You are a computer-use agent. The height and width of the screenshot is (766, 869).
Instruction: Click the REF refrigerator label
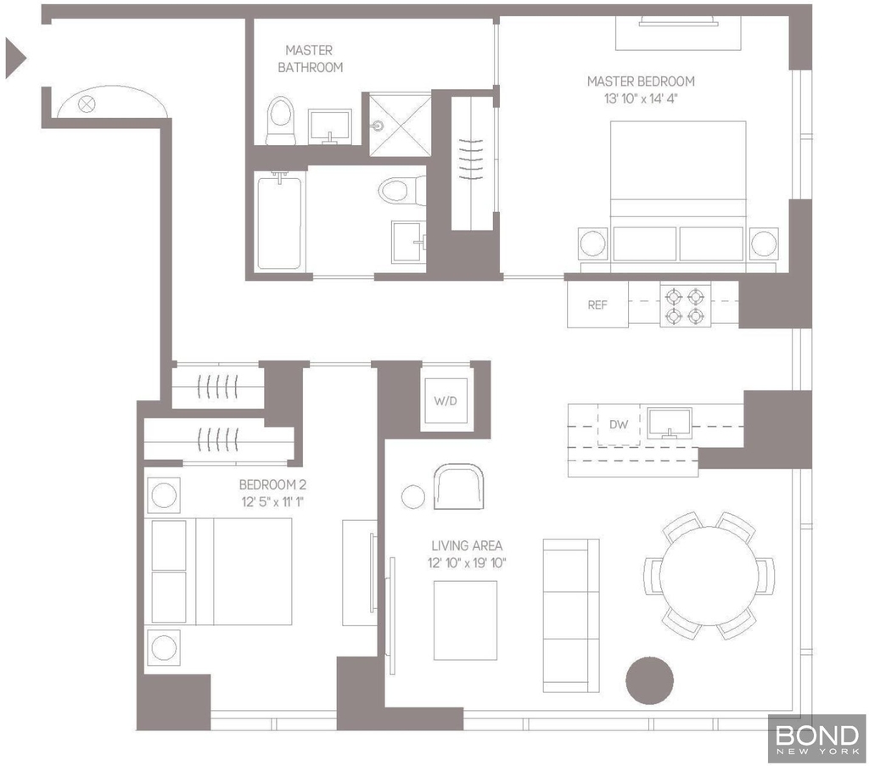[x=597, y=305]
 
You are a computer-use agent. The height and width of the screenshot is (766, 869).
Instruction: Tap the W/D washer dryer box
[x=446, y=400]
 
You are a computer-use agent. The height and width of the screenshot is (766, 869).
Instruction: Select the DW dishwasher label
[x=619, y=424]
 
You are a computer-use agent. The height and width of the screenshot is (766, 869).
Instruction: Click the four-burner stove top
[x=685, y=305]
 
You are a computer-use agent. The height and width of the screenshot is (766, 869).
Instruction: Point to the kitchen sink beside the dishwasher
[x=670, y=423]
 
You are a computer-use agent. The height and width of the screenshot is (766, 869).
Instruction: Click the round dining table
[x=709, y=576]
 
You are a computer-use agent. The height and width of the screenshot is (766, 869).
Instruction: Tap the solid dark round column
[x=649, y=680]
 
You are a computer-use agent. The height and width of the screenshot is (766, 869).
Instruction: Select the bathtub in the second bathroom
[x=279, y=222]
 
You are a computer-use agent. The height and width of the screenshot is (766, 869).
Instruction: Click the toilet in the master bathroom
[x=280, y=120]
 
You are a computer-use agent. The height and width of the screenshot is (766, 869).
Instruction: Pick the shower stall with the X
[x=401, y=126]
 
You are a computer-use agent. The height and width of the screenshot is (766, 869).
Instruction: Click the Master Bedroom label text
[x=641, y=81]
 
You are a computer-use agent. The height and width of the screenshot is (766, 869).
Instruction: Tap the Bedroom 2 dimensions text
[x=272, y=502]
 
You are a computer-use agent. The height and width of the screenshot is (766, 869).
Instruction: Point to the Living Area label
[x=467, y=545]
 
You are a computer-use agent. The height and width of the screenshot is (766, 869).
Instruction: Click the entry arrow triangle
[x=15, y=58]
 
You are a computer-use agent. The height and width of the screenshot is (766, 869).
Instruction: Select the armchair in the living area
[x=458, y=486]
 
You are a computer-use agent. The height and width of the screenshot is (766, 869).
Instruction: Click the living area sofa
[x=571, y=615]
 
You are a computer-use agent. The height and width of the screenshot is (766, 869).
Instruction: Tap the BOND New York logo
[x=817, y=739]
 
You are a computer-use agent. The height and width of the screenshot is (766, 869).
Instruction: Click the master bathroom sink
[x=330, y=127]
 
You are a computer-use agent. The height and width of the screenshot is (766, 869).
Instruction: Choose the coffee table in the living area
[x=465, y=620]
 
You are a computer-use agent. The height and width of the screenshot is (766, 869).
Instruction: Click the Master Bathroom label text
[x=310, y=59]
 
